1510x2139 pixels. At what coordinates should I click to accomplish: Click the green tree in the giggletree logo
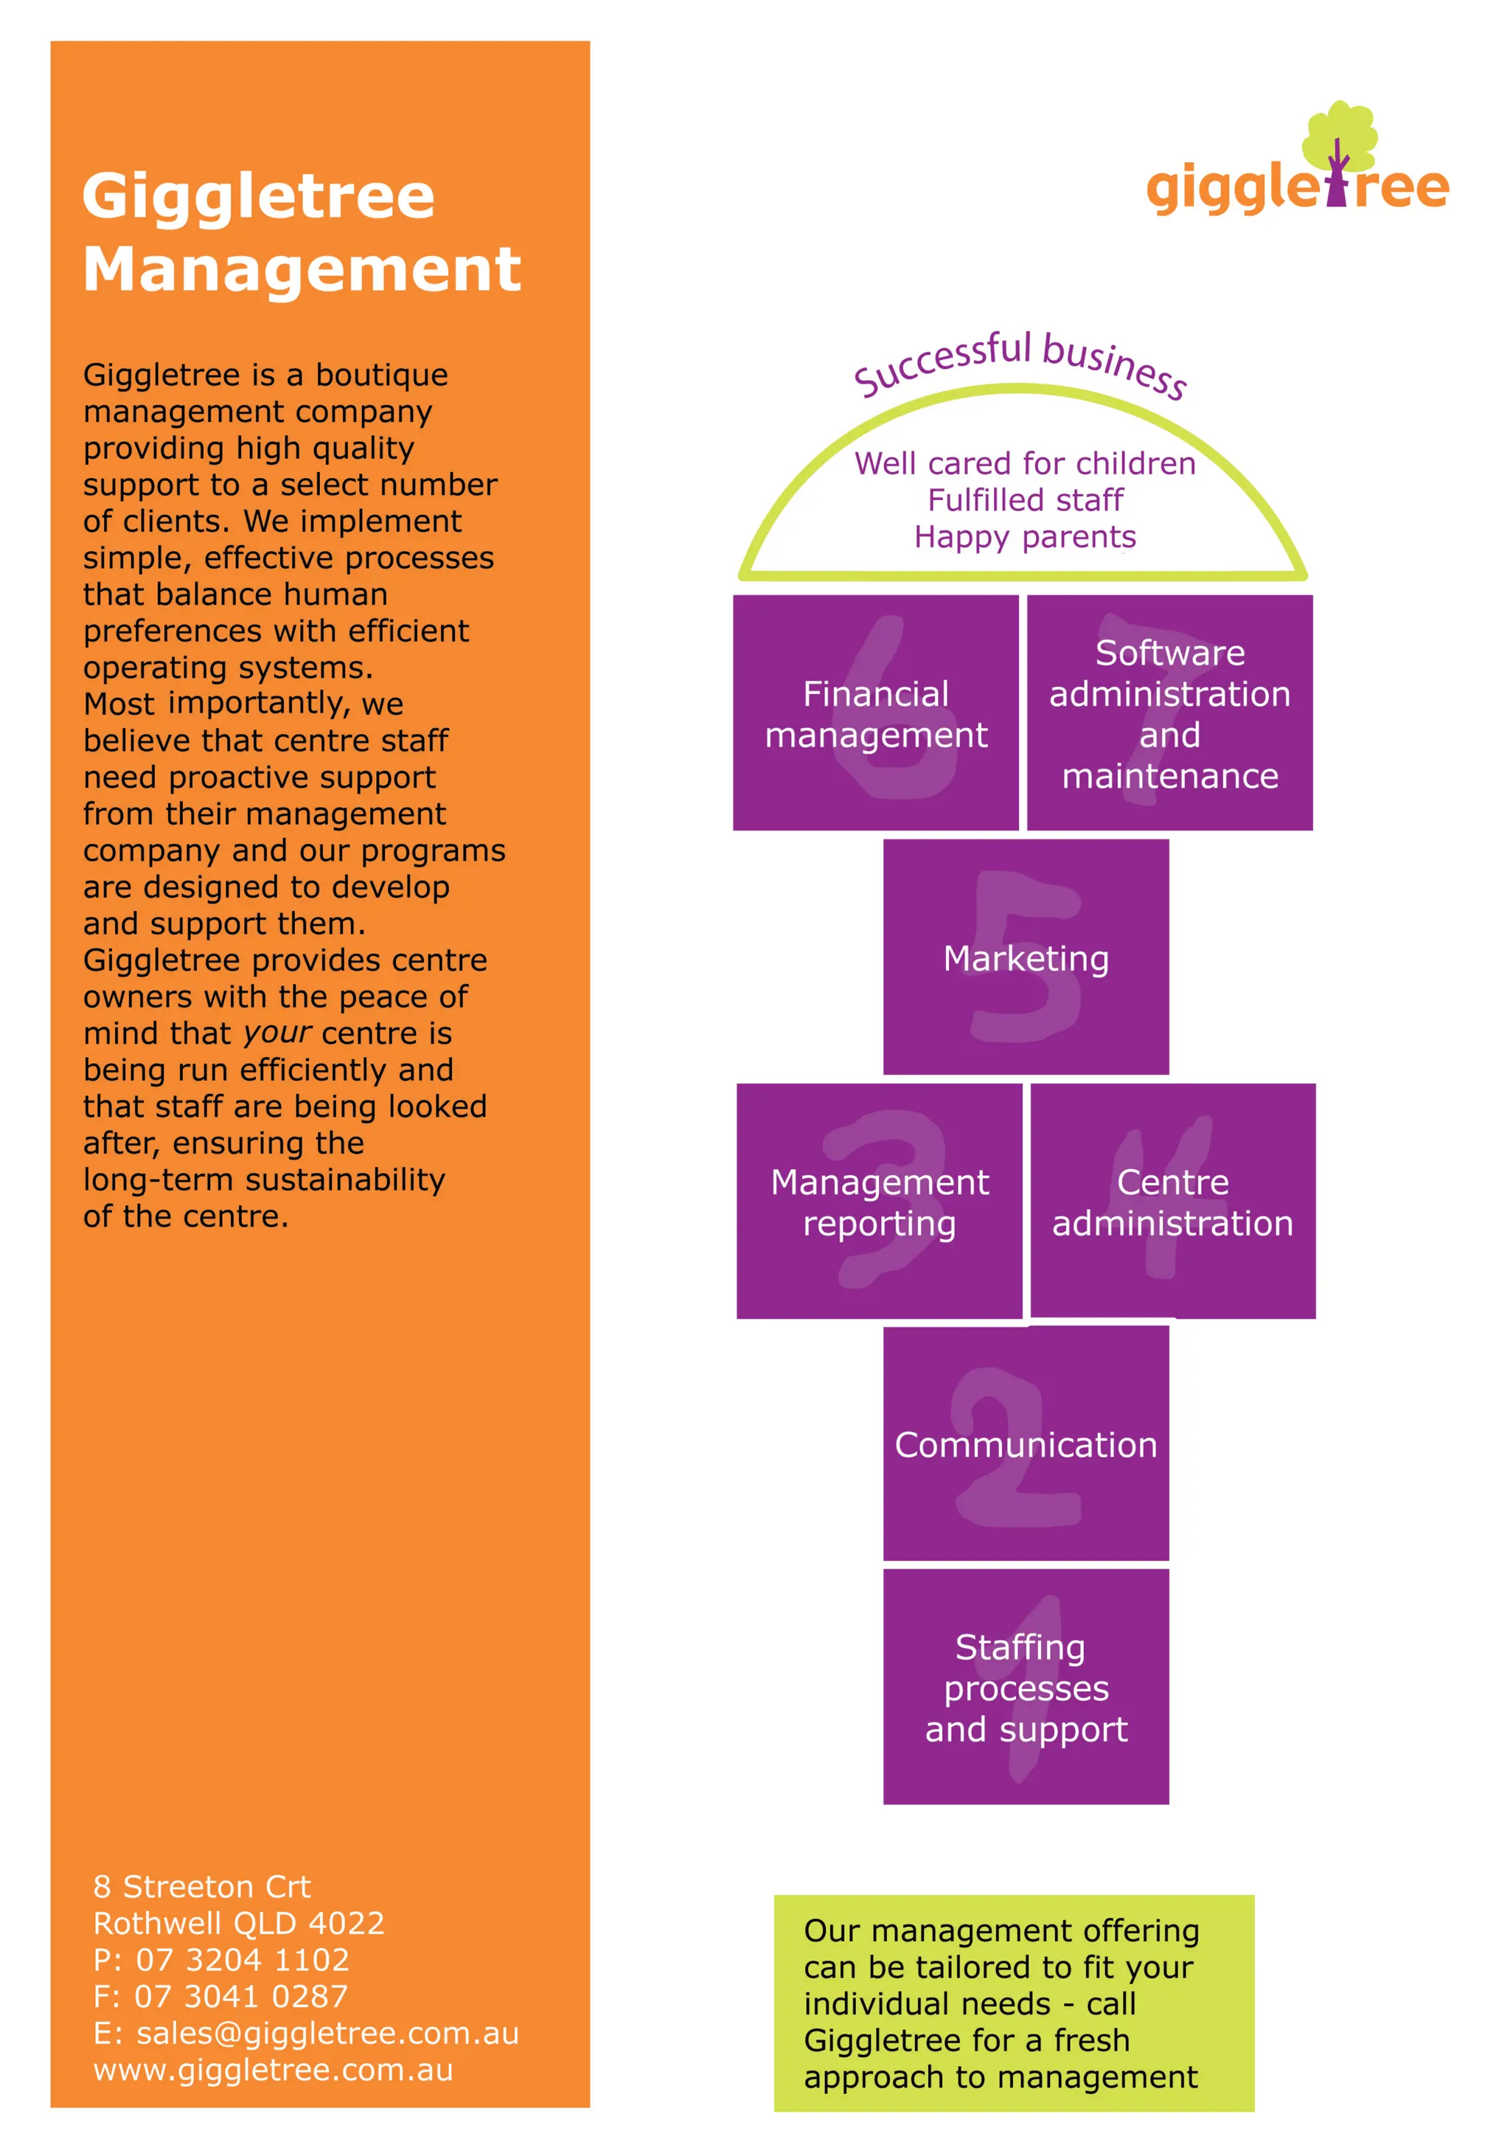click(1340, 135)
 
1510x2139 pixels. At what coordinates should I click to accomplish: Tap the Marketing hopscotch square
click(1026, 957)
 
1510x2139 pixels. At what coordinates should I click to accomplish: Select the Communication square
click(1026, 1444)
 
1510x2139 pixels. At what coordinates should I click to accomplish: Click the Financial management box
click(876, 713)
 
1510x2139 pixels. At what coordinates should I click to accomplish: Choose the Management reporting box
click(880, 1201)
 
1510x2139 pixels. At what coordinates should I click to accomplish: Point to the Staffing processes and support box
click(1026, 1687)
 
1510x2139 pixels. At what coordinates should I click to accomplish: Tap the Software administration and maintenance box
click(1170, 713)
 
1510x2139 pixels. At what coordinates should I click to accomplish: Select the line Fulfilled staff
click(1025, 500)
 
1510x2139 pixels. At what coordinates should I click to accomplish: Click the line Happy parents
click(1025, 538)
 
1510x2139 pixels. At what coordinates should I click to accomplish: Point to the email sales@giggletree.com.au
click(327, 2033)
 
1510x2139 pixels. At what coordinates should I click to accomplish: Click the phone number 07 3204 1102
click(242, 1959)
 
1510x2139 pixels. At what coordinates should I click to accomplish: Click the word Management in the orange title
click(302, 269)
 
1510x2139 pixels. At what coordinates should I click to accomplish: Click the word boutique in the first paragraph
click(382, 375)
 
